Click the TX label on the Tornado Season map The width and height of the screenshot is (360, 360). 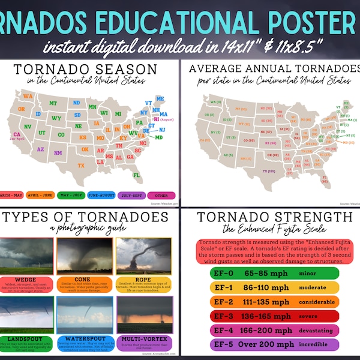click(82, 165)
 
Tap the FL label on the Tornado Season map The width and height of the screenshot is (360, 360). click(137, 175)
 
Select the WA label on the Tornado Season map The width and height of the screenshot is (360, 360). click(28, 95)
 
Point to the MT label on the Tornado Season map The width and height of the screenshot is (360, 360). click(53, 103)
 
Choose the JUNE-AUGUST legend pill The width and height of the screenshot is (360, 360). click(101, 196)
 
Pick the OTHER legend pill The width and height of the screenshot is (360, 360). click(161, 196)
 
